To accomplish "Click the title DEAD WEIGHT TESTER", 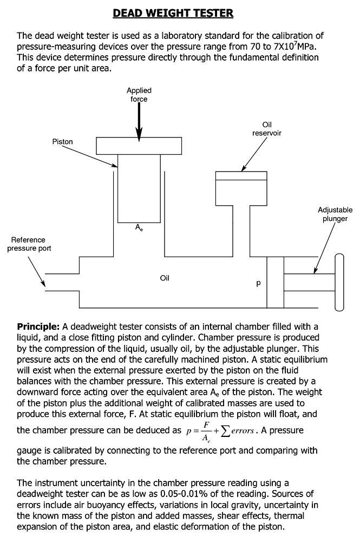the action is click(173, 13).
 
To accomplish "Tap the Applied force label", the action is click(139, 95).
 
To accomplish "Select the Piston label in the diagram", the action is click(63, 142).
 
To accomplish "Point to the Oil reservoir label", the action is click(267, 128).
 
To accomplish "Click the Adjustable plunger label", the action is click(335, 214).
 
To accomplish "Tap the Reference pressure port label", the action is click(29, 244).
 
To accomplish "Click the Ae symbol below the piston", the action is click(139, 227).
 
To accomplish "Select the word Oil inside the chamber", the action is click(165, 278).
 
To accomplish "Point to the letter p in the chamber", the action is click(258, 283).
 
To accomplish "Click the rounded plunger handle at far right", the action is click(339, 283).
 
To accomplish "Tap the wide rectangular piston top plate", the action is click(139, 146).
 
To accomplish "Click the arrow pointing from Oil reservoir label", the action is click(254, 154).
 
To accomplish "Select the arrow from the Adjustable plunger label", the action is click(325, 248).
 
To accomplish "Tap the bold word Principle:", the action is click(38, 326).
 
